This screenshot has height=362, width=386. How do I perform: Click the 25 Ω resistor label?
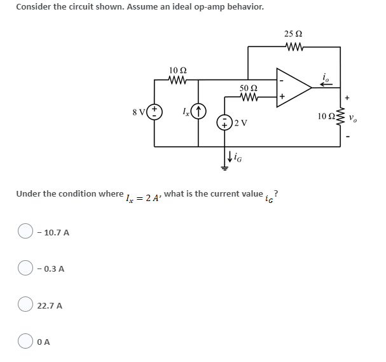(294, 34)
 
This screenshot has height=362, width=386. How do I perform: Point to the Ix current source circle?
(198, 112)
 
